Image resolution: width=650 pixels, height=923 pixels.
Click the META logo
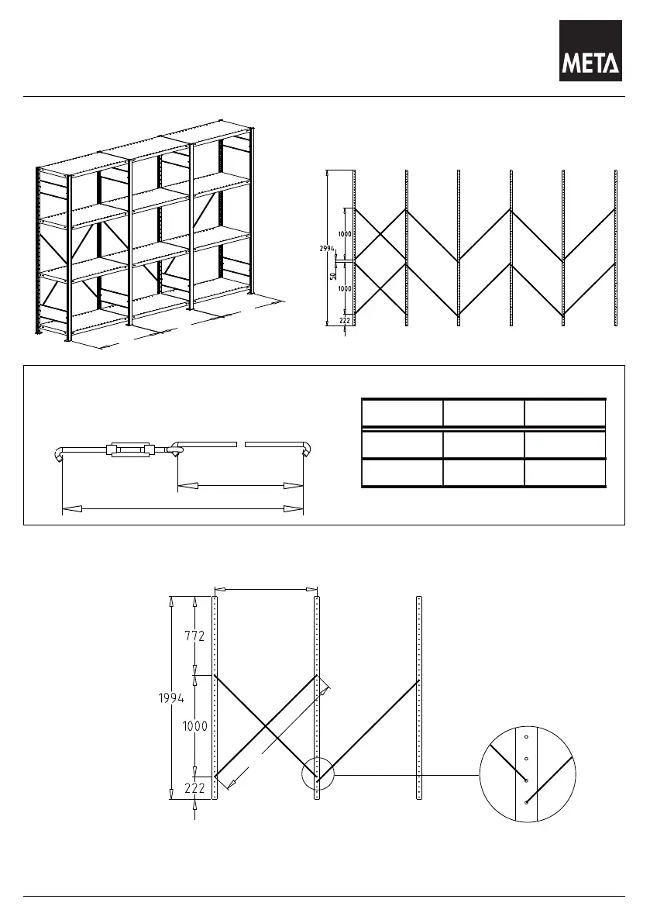tap(591, 50)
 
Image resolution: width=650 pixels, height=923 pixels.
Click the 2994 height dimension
tap(325, 249)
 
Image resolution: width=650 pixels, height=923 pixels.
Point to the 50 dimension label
tap(333, 276)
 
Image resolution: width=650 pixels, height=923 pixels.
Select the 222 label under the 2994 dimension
tap(344, 319)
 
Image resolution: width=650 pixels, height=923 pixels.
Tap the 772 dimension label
tap(194, 637)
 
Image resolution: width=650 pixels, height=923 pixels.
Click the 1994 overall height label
tap(171, 697)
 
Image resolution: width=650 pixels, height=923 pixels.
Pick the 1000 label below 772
tap(194, 726)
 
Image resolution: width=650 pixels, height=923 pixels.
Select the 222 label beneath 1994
tap(194, 788)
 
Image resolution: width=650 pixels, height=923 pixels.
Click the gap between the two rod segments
tap(240, 445)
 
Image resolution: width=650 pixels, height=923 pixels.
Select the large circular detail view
tap(527, 774)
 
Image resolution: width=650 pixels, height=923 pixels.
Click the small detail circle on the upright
tap(316, 774)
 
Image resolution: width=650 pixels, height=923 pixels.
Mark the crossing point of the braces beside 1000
tap(266, 725)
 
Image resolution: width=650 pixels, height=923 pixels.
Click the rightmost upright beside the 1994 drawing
tap(418, 697)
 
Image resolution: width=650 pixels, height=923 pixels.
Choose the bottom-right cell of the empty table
tap(565, 473)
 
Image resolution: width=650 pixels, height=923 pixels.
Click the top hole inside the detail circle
tap(525, 737)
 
